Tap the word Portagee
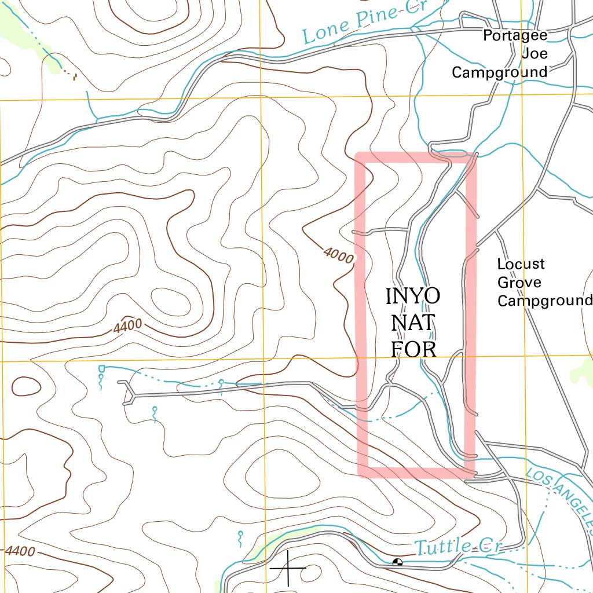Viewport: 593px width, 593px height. click(515, 36)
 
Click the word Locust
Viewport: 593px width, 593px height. click(521, 264)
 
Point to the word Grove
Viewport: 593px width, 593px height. click(519, 283)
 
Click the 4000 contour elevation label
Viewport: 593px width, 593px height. click(338, 254)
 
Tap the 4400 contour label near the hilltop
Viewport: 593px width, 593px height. click(127, 326)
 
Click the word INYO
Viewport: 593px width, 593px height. click(413, 296)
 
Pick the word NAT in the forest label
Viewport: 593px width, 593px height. click(412, 323)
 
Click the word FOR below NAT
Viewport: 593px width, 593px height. click(413, 349)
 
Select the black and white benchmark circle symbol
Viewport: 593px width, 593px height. click(397, 562)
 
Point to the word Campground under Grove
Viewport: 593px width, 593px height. click(544, 301)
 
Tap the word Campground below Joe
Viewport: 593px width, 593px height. click(499, 72)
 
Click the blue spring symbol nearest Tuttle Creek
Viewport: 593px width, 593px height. click(240, 539)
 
